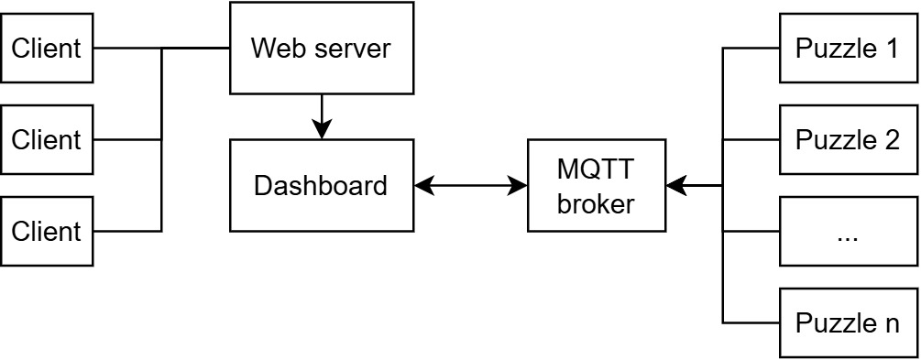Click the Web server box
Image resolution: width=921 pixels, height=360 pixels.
click(x=320, y=48)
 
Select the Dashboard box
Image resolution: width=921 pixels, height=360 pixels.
click(x=320, y=186)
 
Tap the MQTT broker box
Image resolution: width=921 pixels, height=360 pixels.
click(x=596, y=186)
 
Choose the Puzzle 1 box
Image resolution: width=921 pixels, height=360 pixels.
click(x=848, y=48)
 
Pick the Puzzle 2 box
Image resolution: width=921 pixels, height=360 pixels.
click(x=848, y=140)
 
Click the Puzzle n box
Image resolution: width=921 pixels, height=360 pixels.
click(x=848, y=323)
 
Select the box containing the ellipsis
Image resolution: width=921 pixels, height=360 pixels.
click(x=848, y=232)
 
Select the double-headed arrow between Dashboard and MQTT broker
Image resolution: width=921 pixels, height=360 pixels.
click(x=470, y=186)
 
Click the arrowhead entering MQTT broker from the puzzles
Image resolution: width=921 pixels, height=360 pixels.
click(x=675, y=186)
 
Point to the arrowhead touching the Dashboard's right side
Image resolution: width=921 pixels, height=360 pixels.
click(x=422, y=186)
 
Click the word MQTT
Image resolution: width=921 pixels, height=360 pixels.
click(x=596, y=170)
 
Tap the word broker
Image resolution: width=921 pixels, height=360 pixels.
click(x=596, y=203)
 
